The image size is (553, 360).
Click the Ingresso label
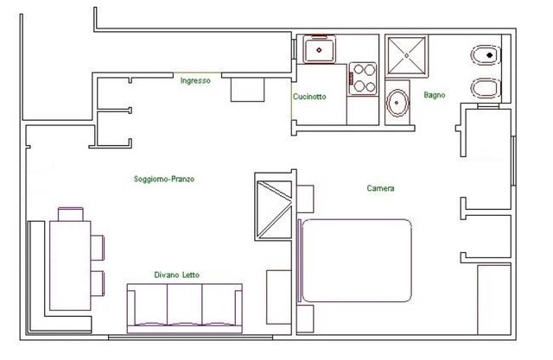(x=195, y=80)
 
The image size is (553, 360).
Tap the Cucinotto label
(x=309, y=97)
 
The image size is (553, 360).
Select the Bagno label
(x=435, y=95)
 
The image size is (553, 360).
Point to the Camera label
(x=380, y=188)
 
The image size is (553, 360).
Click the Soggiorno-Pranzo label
(x=164, y=179)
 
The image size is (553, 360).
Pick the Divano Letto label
(x=176, y=275)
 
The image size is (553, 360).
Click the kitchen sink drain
(x=319, y=50)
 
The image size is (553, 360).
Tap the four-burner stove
(x=364, y=79)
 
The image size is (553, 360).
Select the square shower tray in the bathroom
(x=407, y=55)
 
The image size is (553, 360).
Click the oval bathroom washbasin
(x=397, y=103)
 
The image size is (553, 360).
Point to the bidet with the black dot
(x=486, y=55)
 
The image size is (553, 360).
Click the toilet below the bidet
(x=486, y=88)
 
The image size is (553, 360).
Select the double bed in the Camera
(x=355, y=261)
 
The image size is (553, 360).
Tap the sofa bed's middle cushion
(x=184, y=305)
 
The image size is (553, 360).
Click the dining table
(x=70, y=265)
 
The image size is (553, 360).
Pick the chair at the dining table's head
(x=71, y=214)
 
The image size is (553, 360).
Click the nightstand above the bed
(x=305, y=199)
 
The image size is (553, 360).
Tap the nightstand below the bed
(x=305, y=319)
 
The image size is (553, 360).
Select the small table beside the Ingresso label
(x=248, y=90)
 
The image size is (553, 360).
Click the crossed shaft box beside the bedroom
(x=274, y=210)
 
